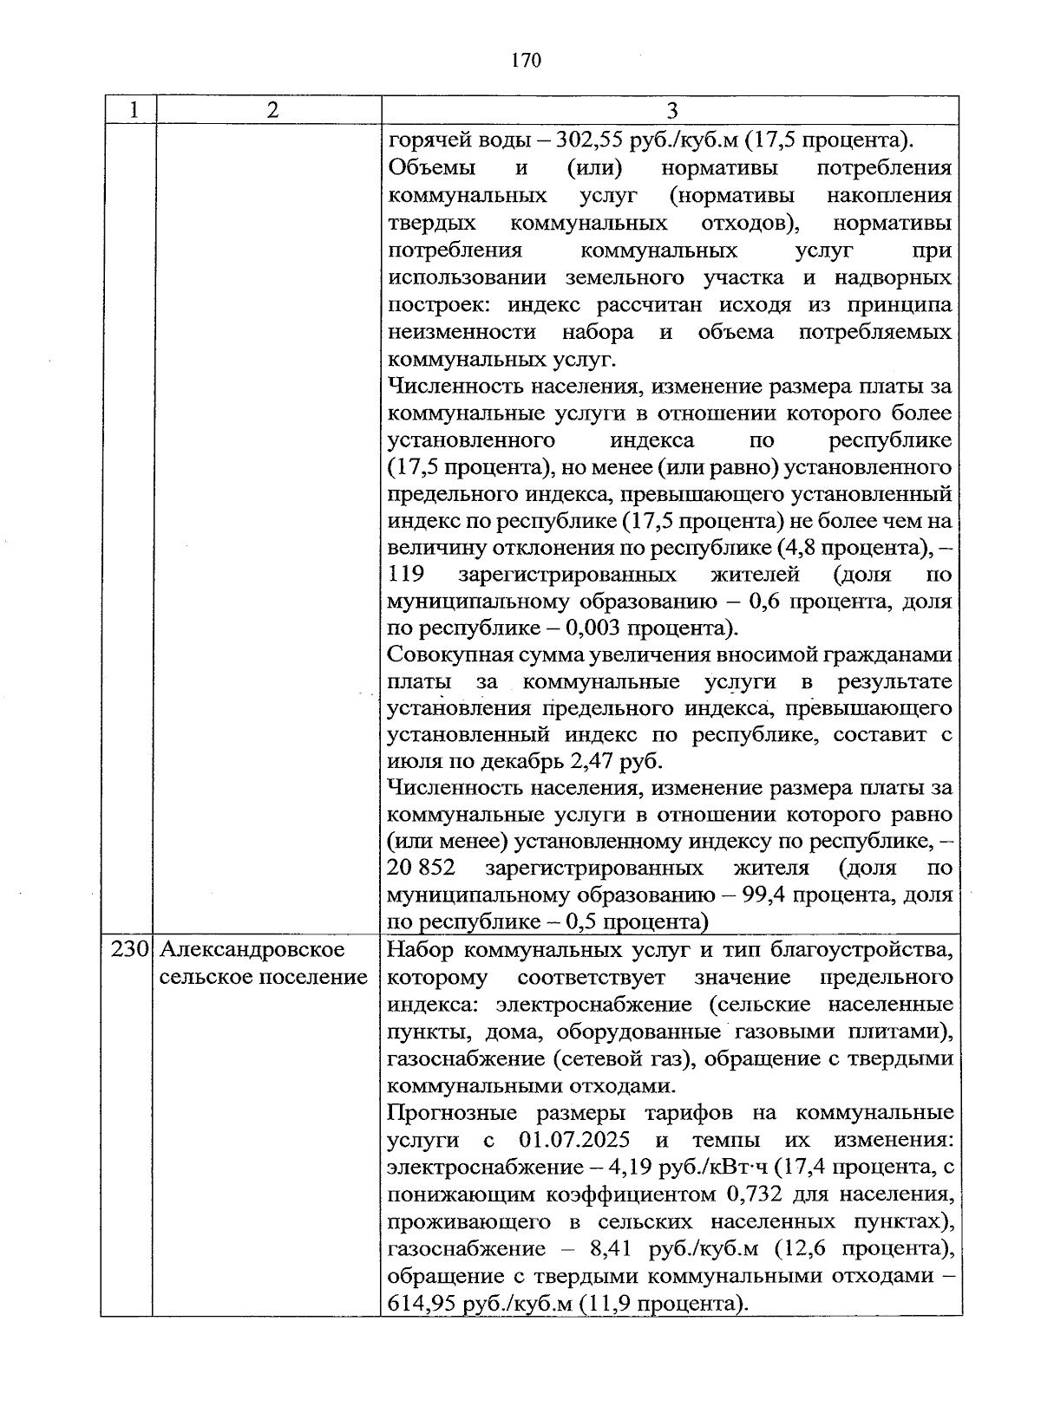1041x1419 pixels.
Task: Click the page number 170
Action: [x=526, y=60]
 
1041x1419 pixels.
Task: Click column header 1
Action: [x=132, y=110]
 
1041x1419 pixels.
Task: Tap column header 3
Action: [x=671, y=110]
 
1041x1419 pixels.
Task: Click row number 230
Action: [x=129, y=949]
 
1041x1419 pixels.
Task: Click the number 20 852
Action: [x=422, y=868]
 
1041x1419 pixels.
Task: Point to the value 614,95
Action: [x=421, y=1303]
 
